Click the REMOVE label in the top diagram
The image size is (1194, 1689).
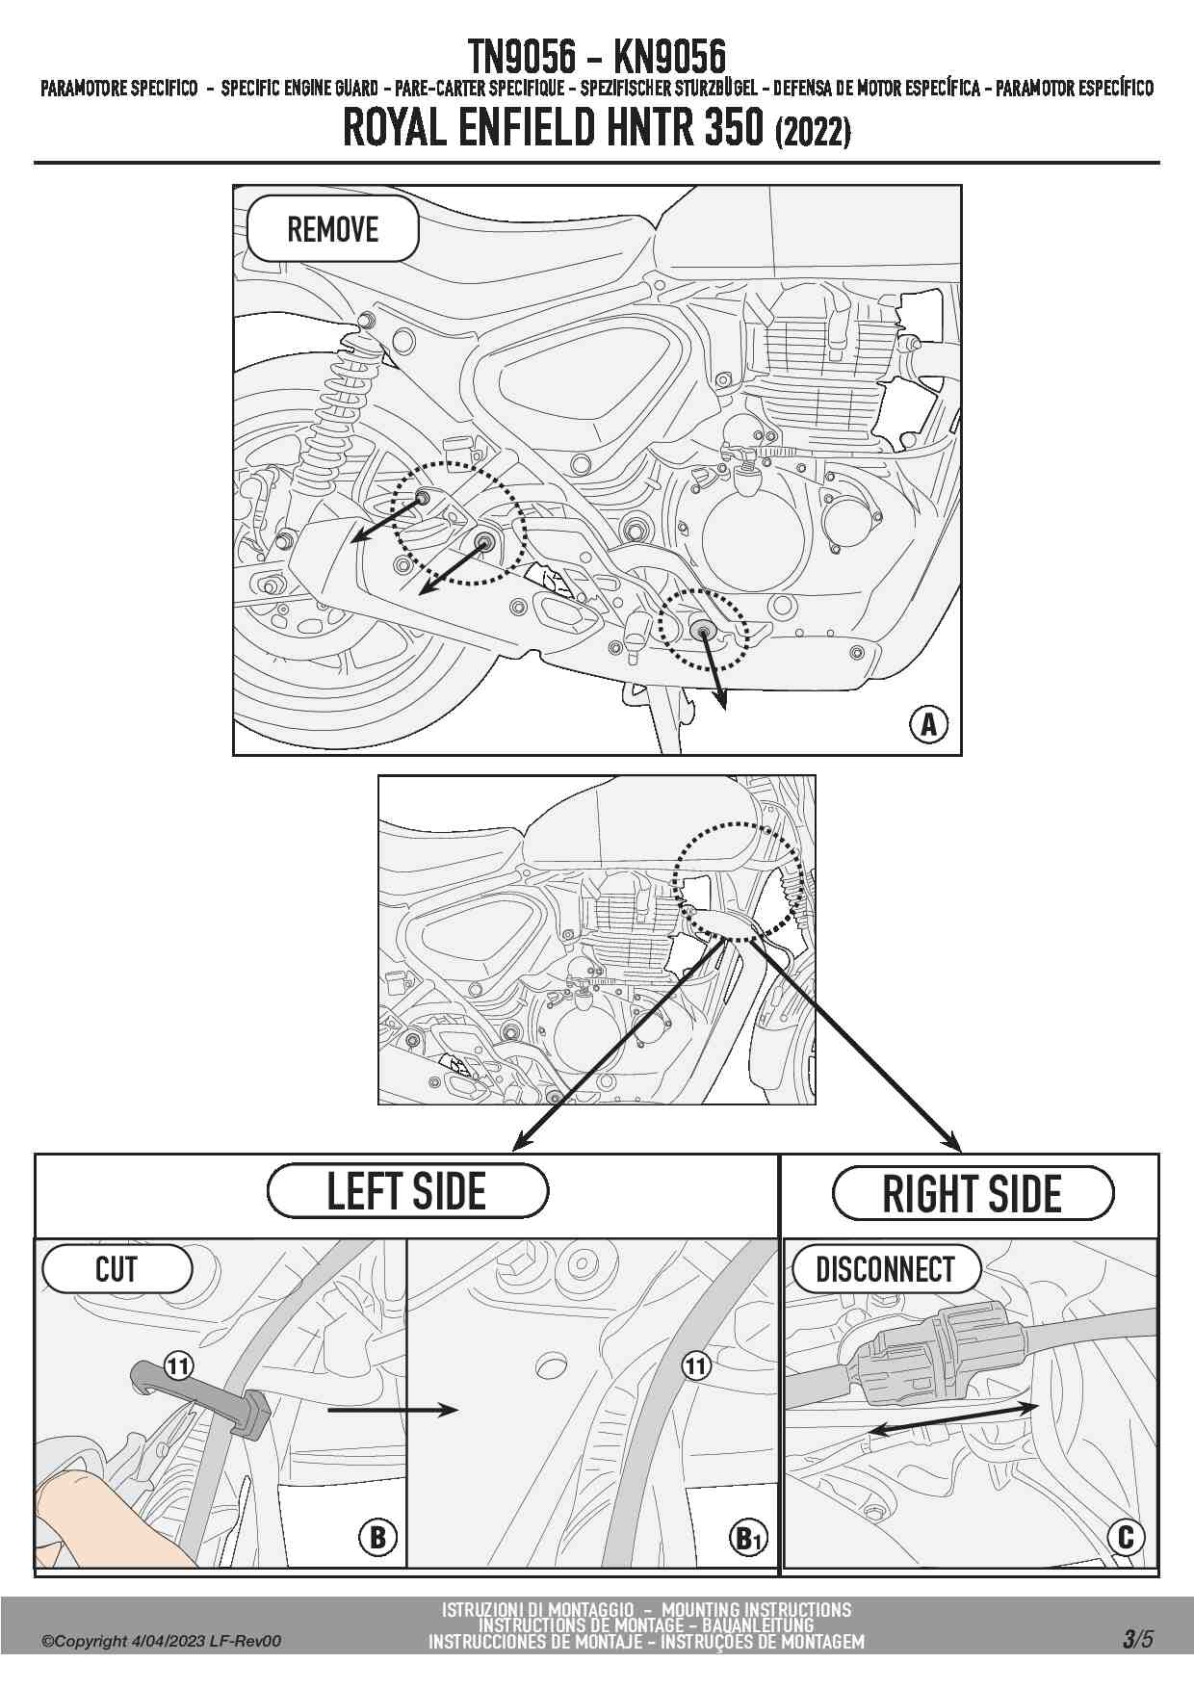pos(332,230)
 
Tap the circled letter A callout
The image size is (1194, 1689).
pos(928,723)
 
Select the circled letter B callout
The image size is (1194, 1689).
pos(377,1537)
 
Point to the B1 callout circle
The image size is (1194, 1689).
pos(748,1538)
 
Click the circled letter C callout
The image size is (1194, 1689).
pos(1126,1537)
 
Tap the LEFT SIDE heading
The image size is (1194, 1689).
pos(406,1191)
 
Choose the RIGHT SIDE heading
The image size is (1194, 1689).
pos(972,1194)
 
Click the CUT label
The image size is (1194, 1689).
pos(117,1269)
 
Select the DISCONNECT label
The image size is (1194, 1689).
pos(884,1270)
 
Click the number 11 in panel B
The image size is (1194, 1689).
pos(178,1365)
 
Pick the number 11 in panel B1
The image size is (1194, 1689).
pos(695,1365)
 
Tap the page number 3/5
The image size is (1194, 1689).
pos(1136,1639)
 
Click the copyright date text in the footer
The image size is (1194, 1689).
pos(161,1641)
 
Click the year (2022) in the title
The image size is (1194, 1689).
pos(813,131)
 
